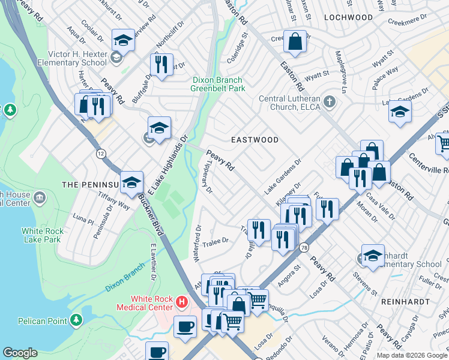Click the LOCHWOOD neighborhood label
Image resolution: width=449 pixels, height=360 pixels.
tap(348, 17)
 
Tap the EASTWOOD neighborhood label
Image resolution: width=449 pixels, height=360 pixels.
tap(255, 140)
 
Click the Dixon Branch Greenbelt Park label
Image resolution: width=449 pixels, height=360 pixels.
tap(217, 84)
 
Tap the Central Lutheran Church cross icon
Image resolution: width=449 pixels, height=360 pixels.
tap(328, 101)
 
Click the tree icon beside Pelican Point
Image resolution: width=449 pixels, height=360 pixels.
tap(76, 321)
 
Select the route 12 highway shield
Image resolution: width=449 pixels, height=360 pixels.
tap(100, 154)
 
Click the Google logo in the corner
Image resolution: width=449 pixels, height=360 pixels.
tap(20, 353)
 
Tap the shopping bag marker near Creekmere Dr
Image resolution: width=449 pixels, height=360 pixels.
tap(295, 43)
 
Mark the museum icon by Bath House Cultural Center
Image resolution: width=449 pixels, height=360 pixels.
tap(40, 197)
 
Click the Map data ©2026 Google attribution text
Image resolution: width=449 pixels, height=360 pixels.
tap(412, 355)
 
